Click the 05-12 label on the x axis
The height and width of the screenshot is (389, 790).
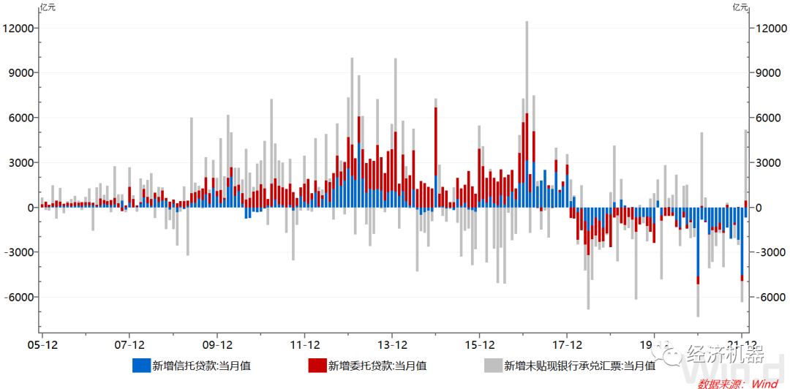(42, 344)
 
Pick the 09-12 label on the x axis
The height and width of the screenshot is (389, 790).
(217, 344)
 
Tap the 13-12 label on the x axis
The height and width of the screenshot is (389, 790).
(392, 344)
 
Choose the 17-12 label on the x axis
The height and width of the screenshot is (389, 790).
(567, 344)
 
